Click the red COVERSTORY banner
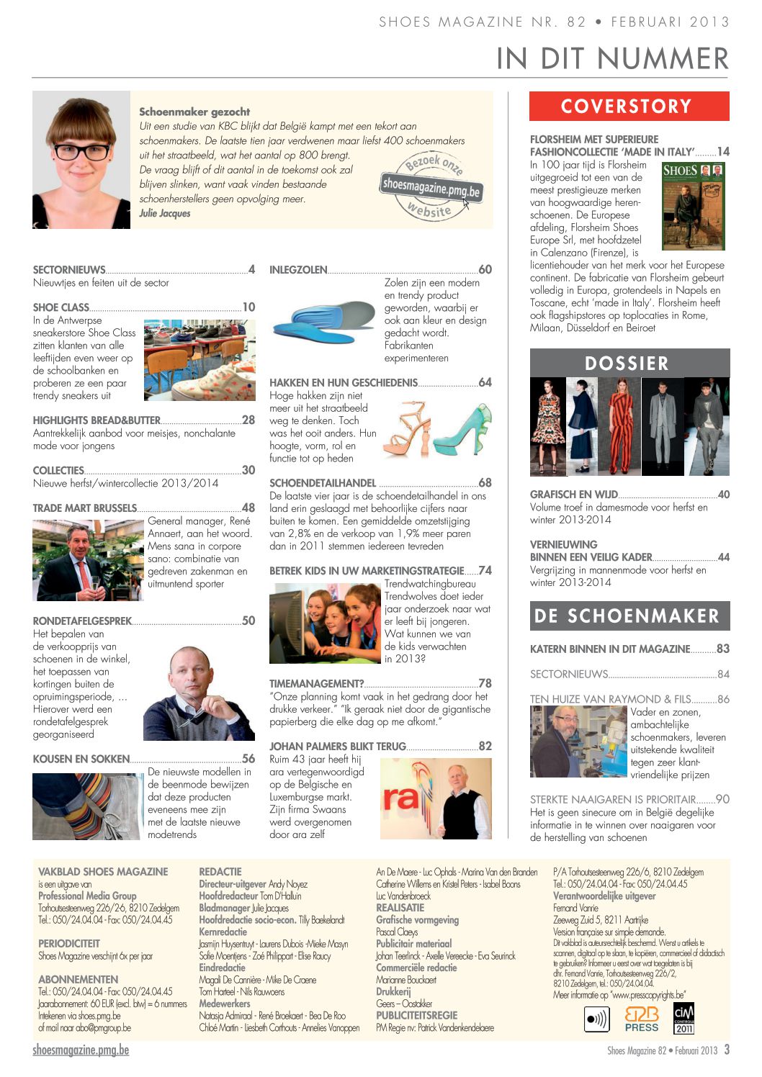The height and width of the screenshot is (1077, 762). click(629, 107)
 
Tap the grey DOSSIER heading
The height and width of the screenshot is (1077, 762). click(629, 363)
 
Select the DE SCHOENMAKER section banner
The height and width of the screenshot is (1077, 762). click(629, 616)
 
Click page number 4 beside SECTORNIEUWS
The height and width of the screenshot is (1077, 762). click(251, 270)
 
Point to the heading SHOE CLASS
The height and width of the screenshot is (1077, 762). click(61, 307)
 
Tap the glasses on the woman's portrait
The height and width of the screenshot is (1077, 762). click(81, 152)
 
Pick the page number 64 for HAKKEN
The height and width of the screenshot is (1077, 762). click(485, 383)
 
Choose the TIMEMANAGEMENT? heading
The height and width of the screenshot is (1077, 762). click(316, 684)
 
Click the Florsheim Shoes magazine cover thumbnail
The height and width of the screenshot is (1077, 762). click(693, 206)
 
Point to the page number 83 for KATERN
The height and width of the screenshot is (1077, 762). click(722, 649)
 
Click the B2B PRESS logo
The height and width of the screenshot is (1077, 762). click(641, 1019)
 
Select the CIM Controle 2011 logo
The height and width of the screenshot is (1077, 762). click(683, 1018)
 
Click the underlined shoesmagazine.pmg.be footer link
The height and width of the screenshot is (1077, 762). click(81, 1050)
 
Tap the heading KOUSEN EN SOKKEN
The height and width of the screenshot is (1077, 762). click(81, 759)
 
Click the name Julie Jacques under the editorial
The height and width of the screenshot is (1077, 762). click(165, 214)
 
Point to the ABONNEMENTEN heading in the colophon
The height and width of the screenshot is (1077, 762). click(79, 980)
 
